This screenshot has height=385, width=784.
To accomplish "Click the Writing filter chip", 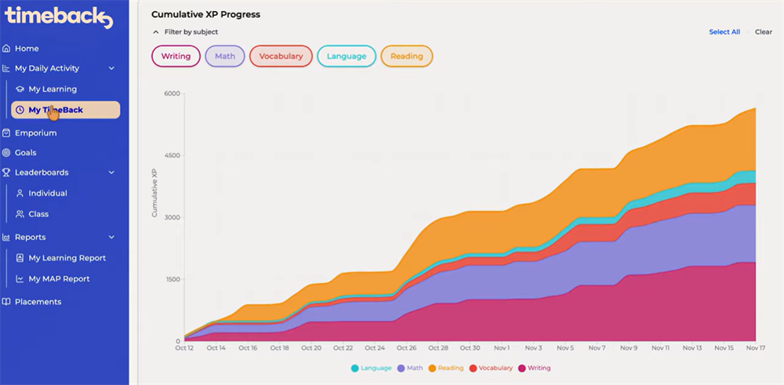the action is tap(176, 56).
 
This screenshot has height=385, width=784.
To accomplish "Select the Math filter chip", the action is tap(225, 56).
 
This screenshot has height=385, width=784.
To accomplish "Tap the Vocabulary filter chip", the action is tap(281, 56).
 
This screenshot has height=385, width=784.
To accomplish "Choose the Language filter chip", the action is tap(347, 56).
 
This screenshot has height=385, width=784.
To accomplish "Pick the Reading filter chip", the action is tap(406, 56).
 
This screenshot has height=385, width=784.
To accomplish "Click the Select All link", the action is tap(724, 32).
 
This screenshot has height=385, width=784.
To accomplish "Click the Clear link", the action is tap(764, 32).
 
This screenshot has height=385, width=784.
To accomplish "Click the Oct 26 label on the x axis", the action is tap(406, 348).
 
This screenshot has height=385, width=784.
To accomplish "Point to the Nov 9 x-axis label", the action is tap(629, 348).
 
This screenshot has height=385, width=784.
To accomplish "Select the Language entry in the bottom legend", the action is tap(371, 369).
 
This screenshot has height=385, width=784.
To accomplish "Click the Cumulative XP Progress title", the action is tap(205, 14).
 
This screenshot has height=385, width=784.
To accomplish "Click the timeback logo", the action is tap(59, 16).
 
